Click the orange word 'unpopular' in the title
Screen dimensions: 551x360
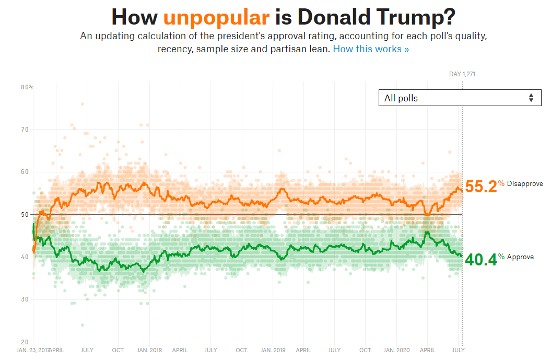pos(216,17)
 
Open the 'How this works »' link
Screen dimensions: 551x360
pos(371,49)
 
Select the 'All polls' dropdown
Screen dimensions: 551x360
pos(460,98)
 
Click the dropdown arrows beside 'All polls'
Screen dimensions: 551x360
pos(531,98)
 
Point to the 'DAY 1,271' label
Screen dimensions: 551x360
pos(462,74)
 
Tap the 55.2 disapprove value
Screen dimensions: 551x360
pos(481,187)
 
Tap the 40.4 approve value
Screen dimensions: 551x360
pos(481,260)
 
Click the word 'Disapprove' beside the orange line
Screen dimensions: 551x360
pos(525,184)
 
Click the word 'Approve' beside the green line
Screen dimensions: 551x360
pos(520,257)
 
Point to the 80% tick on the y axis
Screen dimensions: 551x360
pos(27,87)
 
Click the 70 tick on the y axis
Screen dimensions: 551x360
pos(25,130)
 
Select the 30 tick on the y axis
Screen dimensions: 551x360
pos(25,299)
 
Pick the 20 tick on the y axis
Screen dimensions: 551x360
pos(25,342)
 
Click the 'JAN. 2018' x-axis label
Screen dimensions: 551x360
pos(149,350)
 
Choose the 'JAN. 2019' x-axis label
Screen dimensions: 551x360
pos(273,350)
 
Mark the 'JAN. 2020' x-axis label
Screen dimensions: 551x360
pos(397,350)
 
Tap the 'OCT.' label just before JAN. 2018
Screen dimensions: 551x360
pos(118,350)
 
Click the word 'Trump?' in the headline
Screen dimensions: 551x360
pos(416,17)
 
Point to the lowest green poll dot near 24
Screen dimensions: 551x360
pos(83,325)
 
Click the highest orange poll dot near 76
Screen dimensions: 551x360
pos(83,104)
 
